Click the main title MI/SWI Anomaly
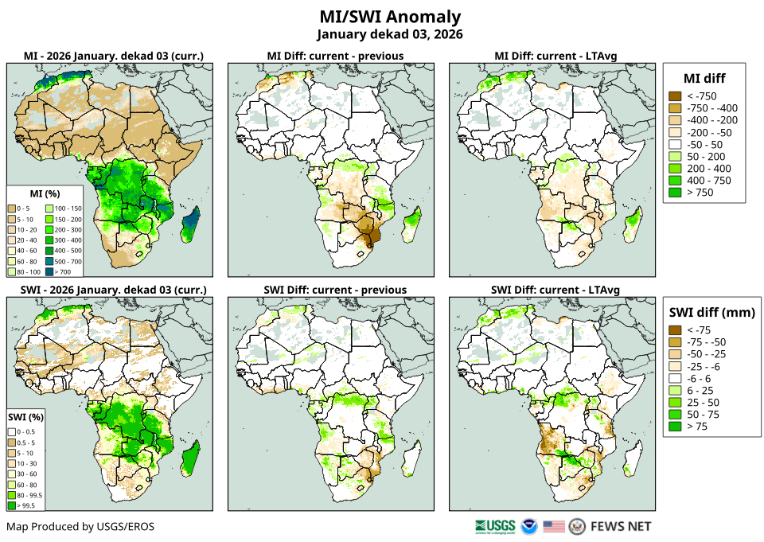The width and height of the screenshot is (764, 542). coord(389,17)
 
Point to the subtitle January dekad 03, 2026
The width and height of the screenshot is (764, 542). coord(389,34)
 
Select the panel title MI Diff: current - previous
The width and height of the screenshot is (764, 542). coord(334,56)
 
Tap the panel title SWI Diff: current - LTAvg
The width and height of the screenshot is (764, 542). coord(555,289)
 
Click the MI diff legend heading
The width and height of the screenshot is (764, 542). coord(704,77)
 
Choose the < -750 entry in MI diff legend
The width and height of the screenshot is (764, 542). coord(701,96)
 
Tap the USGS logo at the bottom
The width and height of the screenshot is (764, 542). coord(494,526)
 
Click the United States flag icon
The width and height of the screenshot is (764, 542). coord(554,526)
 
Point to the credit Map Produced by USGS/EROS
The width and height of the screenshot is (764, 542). coord(80,526)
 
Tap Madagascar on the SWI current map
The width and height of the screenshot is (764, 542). coord(191,460)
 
